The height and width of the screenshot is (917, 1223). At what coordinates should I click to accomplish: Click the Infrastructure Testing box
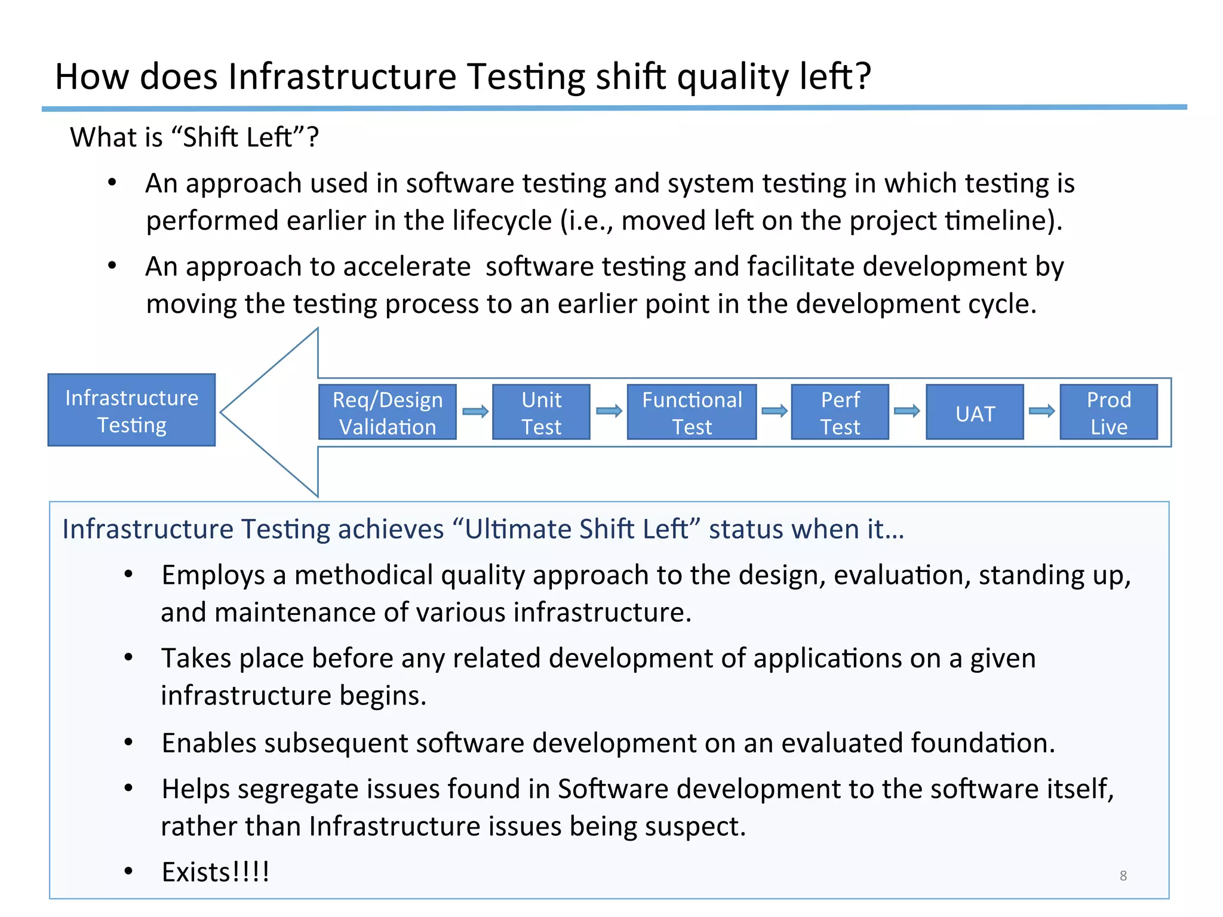click(131, 410)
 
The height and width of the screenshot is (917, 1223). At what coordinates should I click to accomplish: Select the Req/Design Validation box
click(388, 413)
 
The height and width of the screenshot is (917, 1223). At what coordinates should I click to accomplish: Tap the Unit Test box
click(541, 413)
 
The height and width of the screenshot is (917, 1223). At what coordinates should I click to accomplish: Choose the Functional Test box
click(692, 413)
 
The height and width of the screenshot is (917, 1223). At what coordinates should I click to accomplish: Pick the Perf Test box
click(840, 413)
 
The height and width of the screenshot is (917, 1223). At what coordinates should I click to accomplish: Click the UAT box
click(975, 413)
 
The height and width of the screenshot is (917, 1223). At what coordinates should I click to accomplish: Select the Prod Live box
click(1108, 413)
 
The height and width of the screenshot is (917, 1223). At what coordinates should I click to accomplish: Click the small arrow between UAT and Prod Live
click(1041, 411)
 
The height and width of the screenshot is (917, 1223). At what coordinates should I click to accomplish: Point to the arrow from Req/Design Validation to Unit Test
click(475, 411)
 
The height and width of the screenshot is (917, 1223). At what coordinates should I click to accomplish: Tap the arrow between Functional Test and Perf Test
click(774, 411)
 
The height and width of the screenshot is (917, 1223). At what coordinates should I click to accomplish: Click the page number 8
click(1123, 876)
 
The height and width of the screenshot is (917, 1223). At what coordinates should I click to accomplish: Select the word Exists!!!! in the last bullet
click(216, 872)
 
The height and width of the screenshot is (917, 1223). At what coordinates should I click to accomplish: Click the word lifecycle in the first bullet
click(502, 221)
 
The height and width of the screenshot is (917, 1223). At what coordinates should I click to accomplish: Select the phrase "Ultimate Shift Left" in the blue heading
click(576, 530)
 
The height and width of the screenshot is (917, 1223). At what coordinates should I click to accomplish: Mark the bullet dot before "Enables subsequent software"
click(128, 742)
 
